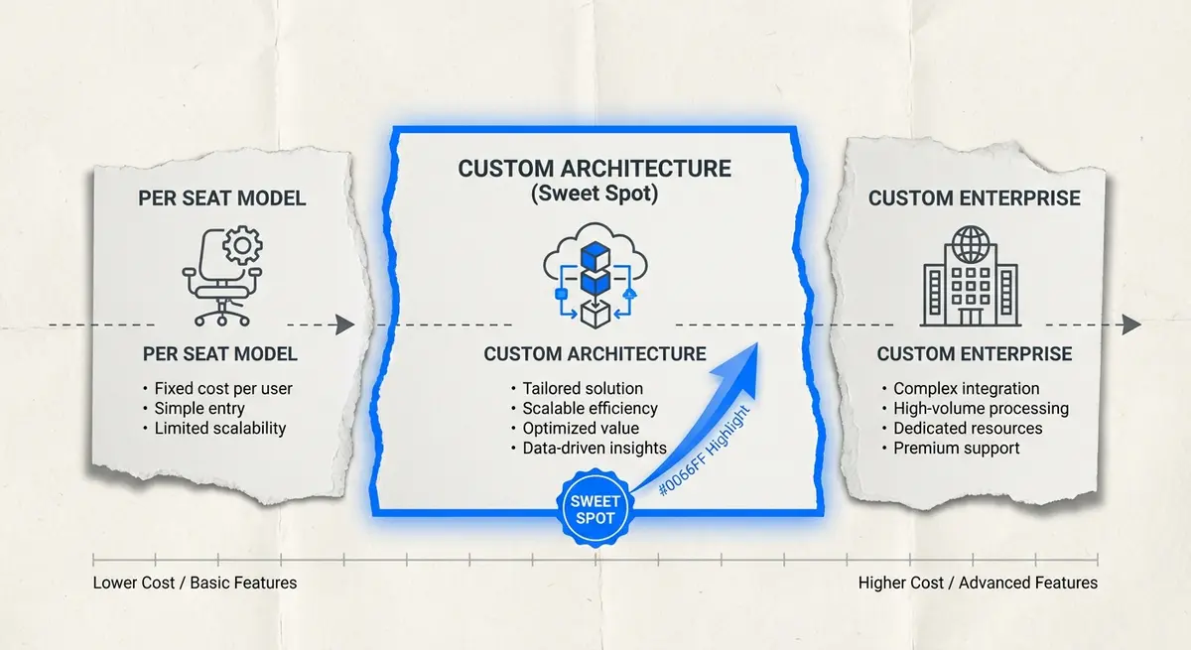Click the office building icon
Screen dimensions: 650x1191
(x=969, y=278)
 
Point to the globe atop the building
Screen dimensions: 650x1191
(x=969, y=242)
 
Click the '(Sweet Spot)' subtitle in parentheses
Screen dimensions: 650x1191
(x=595, y=195)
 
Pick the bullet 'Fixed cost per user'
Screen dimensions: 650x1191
(x=223, y=388)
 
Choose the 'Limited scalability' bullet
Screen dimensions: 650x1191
(x=219, y=428)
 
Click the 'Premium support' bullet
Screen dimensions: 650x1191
(x=956, y=448)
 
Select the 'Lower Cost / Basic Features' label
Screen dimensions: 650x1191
(x=195, y=583)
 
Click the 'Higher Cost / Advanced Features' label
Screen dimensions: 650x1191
(x=978, y=583)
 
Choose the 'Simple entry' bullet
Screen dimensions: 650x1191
(x=199, y=408)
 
